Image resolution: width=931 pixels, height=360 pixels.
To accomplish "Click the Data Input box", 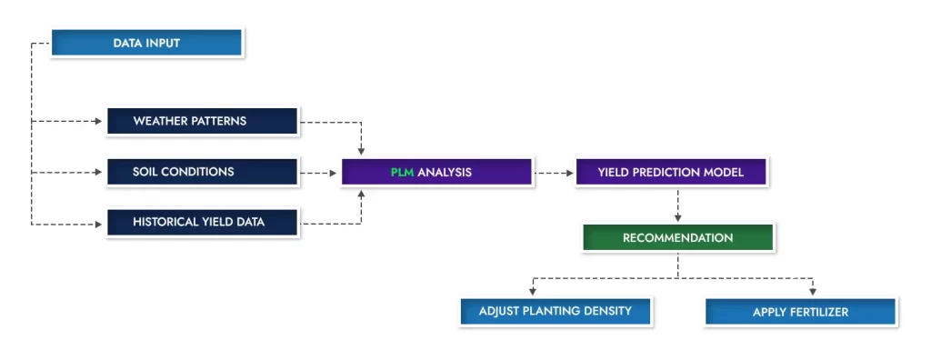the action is [x=146, y=43].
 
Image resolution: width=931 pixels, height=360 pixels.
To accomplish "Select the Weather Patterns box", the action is [x=203, y=121].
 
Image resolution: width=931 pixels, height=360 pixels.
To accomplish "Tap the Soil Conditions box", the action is [x=203, y=173].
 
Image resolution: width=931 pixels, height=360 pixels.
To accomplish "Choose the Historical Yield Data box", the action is [x=203, y=223].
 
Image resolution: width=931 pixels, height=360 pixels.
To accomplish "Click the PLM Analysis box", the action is [x=437, y=173].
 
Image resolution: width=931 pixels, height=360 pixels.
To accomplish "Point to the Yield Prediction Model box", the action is [x=671, y=173].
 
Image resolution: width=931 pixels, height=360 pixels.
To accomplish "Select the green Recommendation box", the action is [x=678, y=237].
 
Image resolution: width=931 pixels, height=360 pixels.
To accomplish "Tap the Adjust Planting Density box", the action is [x=556, y=311].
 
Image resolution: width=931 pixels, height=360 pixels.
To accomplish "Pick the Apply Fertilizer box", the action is [x=800, y=312].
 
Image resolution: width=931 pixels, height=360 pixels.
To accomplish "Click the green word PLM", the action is [x=402, y=173].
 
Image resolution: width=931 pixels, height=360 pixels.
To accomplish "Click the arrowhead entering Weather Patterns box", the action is [x=99, y=121].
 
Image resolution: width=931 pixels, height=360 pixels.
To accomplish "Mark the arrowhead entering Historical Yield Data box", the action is [x=99, y=225].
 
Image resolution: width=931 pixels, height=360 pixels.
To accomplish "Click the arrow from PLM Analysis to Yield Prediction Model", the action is [x=554, y=174].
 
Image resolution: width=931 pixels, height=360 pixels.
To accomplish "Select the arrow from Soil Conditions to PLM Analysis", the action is [x=318, y=174].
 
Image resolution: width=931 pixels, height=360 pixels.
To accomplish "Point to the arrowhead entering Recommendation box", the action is [x=678, y=218].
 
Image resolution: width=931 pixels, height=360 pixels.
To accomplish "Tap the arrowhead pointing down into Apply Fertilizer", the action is [x=813, y=291].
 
